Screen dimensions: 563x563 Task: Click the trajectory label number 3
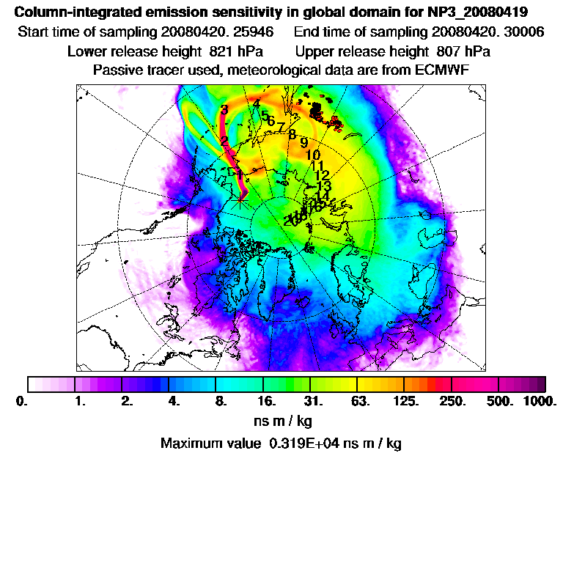coord(224,110)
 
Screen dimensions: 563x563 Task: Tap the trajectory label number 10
coord(313,155)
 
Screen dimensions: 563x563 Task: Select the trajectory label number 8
coord(292,134)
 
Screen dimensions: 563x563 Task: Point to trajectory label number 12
coord(321,175)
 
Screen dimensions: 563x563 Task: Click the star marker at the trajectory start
coord(241,201)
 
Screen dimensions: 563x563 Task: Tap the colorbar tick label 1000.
coord(540,402)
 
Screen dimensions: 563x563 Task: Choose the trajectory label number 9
coord(303,143)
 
